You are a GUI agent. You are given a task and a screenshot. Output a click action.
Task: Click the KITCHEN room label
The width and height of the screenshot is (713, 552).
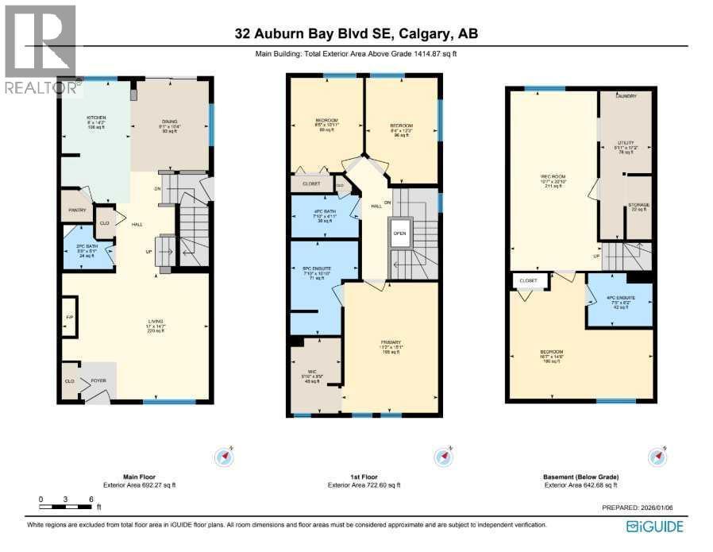(96, 118)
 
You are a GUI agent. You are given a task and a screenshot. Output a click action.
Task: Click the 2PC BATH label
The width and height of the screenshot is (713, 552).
(86, 248)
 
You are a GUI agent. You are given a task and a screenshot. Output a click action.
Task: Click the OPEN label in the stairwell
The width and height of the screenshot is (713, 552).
(400, 234)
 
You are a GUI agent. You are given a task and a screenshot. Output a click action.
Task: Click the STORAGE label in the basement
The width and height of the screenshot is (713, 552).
(638, 205)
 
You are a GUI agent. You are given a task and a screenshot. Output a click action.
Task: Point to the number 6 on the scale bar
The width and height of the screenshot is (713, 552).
(91, 499)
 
